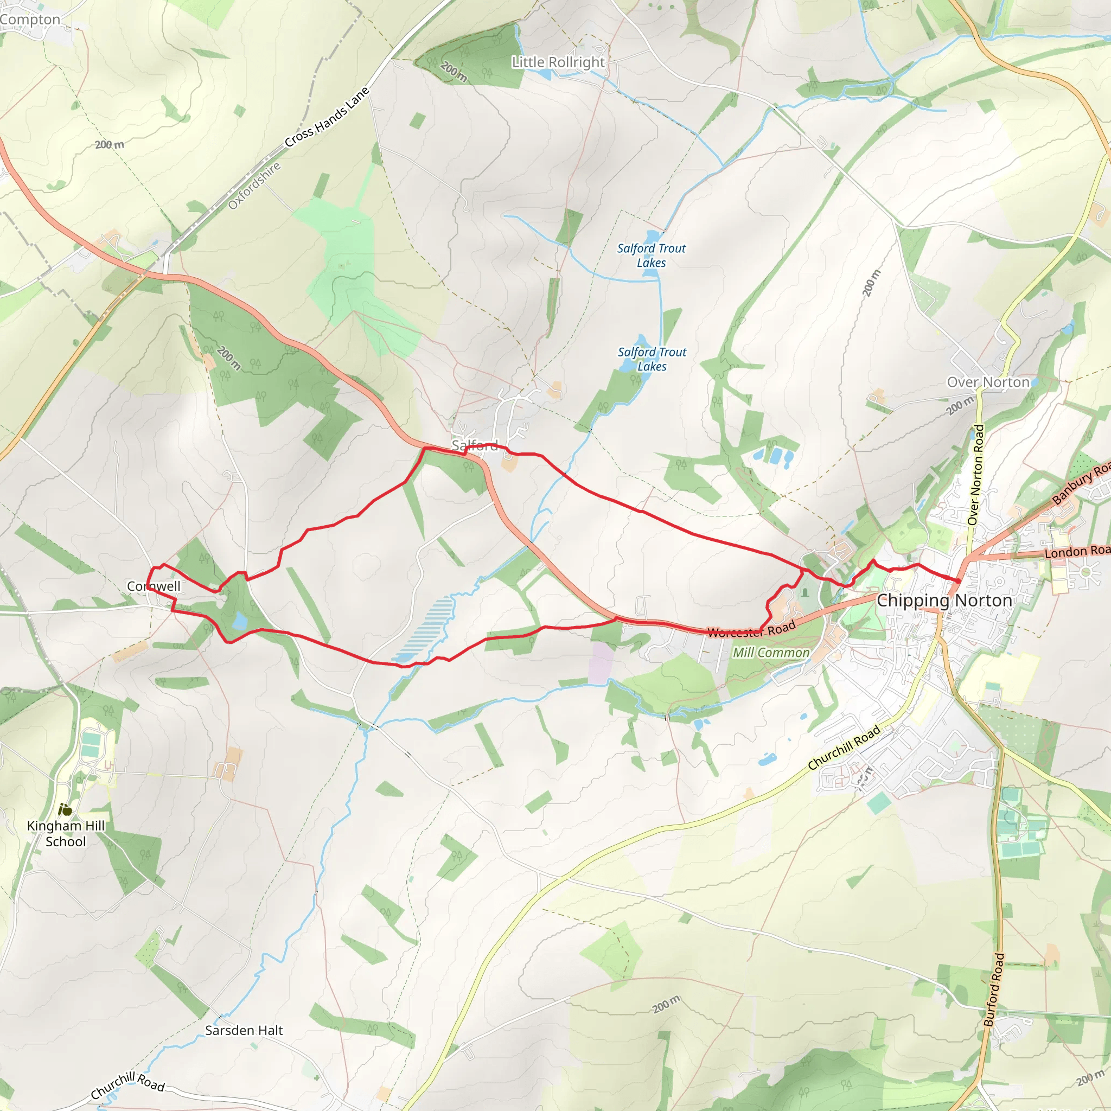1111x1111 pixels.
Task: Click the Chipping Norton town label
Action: point(944,601)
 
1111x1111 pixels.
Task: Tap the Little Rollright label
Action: point(558,62)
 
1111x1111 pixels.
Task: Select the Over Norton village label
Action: point(988,382)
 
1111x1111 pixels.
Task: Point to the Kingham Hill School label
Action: point(66,833)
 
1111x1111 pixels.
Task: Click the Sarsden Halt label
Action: point(244,1030)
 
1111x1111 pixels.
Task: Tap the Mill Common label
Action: point(770,653)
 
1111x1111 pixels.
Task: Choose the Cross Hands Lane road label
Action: point(327,117)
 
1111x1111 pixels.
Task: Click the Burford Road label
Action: point(993,989)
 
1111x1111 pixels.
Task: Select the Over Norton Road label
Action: point(976,475)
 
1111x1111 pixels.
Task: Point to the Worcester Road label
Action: point(751,630)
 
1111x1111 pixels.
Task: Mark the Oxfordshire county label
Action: point(254,186)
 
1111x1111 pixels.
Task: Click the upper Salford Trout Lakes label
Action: point(651,256)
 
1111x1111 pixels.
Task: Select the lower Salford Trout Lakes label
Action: point(652,359)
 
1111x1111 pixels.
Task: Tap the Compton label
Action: point(30,20)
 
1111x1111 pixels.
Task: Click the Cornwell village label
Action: point(154,586)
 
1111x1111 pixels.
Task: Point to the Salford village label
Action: point(475,445)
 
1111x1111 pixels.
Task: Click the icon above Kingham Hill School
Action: point(65,810)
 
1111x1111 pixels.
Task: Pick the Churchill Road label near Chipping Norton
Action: point(844,748)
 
